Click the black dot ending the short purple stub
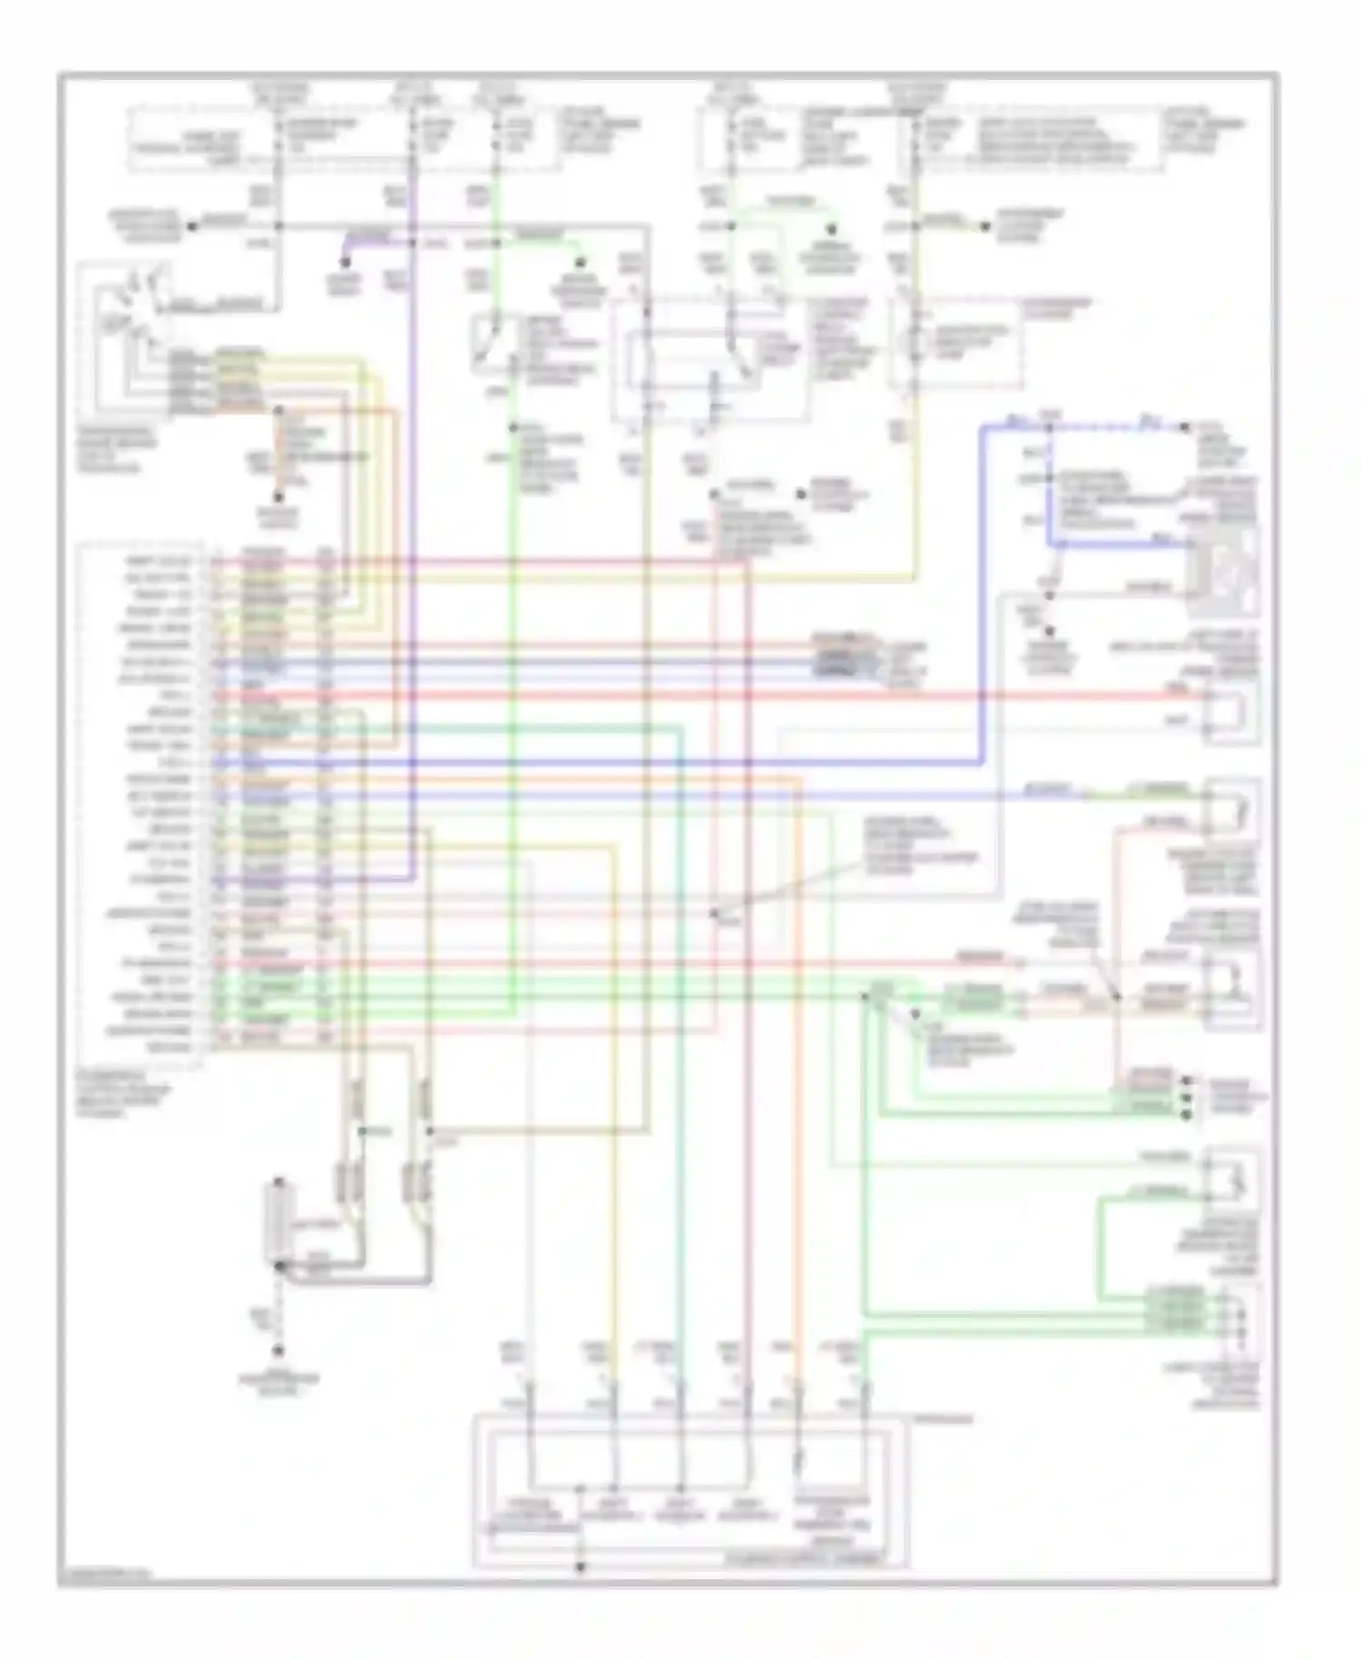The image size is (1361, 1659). click(x=345, y=262)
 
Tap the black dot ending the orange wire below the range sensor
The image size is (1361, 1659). click(x=278, y=497)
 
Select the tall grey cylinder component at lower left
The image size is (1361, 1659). click(x=275, y=1224)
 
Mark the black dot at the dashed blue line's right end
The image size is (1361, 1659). click(x=1185, y=426)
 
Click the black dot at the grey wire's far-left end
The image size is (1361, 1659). click(x=191, y=227)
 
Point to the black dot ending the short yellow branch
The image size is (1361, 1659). click(x=985, y=226)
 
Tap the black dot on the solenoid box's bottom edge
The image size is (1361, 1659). click(x=581, y=1566)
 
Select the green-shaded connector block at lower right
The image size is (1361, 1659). click(x=1176, y=1311)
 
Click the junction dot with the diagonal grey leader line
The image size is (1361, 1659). click(x=715, y=913)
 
